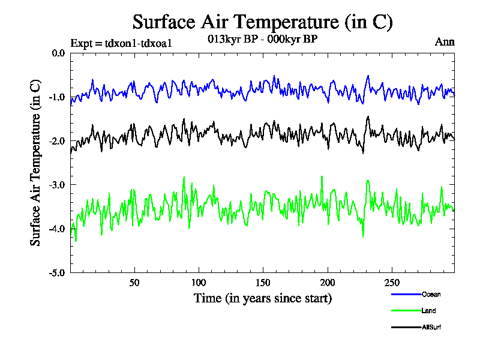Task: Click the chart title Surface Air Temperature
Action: [262, 22]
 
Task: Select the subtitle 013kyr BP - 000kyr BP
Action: [262, 39]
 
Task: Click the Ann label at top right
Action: [445, 42]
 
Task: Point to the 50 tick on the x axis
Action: [134, 283]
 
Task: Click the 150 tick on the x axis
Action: [263, 283]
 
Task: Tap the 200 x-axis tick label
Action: [327, 283]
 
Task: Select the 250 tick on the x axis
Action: [391, 283]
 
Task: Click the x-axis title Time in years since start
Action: [262, 298]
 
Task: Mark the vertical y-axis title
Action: [35, 163]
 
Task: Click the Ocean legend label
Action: [431, 294]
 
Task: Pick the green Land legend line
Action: [406, 310]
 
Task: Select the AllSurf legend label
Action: [432, 327]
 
